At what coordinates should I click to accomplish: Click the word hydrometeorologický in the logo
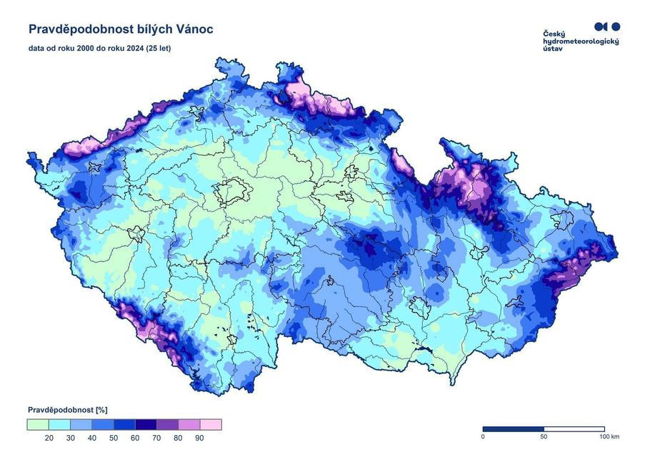581,42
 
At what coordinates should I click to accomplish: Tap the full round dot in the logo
616,26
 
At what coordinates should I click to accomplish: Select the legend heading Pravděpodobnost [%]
67,410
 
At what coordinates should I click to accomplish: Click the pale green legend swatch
37,424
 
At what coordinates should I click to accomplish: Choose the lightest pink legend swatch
211,424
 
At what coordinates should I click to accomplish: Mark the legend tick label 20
49,438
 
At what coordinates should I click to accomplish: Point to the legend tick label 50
114,438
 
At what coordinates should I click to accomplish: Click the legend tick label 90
199,438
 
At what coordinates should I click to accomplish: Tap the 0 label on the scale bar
484,436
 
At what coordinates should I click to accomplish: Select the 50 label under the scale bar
544,436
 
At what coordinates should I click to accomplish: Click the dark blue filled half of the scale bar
514,429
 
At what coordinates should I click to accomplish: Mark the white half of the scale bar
574,429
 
